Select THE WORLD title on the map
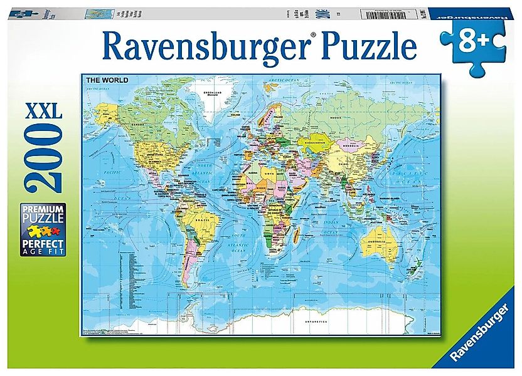[107, 80]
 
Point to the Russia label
[335, 118]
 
